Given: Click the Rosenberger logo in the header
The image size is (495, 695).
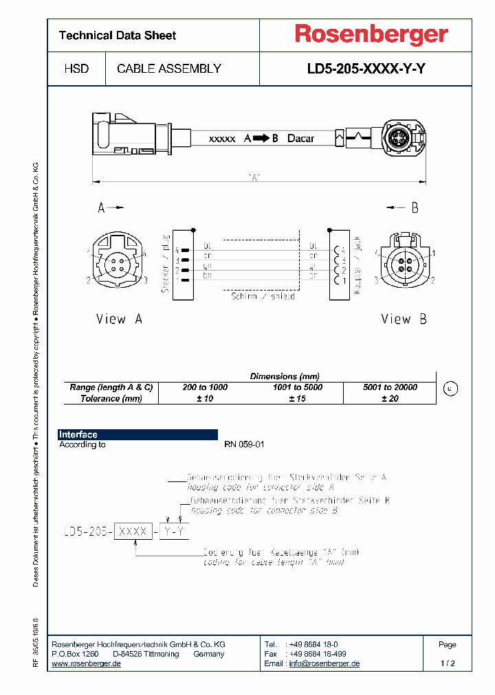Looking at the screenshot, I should (371, 34).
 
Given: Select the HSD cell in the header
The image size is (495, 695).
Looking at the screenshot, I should (76, 69).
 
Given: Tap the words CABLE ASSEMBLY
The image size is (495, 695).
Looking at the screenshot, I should (169, 69).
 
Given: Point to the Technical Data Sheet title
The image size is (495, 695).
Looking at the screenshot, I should (118, 35).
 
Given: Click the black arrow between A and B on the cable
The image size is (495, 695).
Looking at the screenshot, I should (261, 138).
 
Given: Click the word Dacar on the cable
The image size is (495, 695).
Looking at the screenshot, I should (300, 138).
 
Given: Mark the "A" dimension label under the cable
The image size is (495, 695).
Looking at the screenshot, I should (254, 178).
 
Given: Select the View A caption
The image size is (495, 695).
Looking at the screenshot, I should (119, 319).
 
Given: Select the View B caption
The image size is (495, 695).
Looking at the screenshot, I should (404, 319).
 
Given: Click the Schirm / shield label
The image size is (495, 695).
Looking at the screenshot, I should (263, 296).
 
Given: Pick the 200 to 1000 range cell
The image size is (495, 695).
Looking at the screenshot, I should (205, 387).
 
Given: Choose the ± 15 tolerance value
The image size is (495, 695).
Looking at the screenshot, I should (298, 398).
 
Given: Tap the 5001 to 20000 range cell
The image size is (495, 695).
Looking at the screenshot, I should (390, 387).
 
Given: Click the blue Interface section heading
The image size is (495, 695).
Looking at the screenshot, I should (78, 435).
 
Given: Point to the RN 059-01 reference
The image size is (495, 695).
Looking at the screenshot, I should (244, 444).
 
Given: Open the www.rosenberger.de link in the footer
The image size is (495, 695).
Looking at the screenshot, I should (87, 663).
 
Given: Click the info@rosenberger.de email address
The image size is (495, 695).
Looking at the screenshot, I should (324, 663).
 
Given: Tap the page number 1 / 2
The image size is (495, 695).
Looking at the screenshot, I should (447, 663).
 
